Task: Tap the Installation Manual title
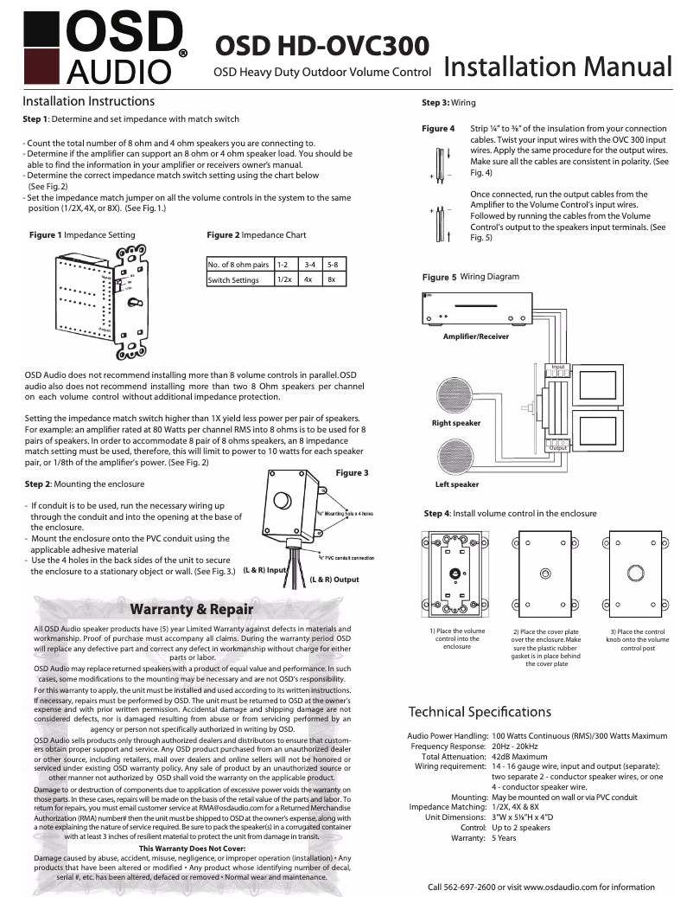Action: click(x=558, y=67)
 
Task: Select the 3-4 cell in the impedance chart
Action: click(x=308, y=264)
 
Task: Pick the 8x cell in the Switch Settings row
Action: click(x=331, y=280)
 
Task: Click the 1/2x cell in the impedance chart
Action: click(x=283, y=280)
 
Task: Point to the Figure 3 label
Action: click(x=352, y=473)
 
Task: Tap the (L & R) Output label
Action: click(x=334, y=580)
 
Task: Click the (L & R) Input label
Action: click(x=265, y=571)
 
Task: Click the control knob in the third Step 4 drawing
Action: click(x=635, y=573)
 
